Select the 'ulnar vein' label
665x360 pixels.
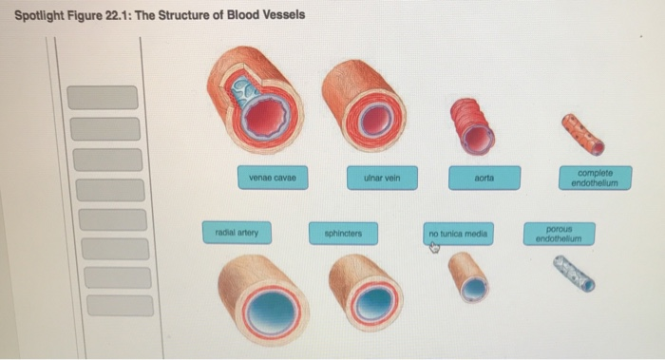(379, 176)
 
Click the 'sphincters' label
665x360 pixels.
(342, 232)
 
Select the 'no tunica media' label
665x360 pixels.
(458, 232)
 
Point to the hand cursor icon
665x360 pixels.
(434, 248)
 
